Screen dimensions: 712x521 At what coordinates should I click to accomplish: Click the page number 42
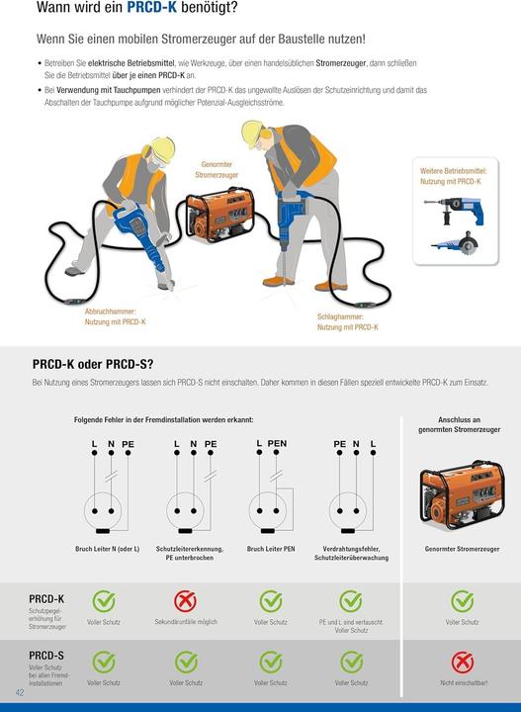[x=19, y=691]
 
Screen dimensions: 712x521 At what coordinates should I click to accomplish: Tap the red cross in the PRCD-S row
[x=463, y=662]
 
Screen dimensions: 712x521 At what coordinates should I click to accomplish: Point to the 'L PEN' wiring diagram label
[x=271, y=444]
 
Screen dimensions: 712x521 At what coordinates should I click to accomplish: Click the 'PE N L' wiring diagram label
[x=355, y=444]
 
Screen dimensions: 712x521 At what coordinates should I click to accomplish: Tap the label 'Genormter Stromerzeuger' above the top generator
[x=217, y=169]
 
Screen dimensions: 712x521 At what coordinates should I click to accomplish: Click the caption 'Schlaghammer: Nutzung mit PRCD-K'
[x=347, y=321]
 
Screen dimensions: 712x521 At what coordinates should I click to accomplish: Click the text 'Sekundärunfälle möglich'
[x=186, y=622]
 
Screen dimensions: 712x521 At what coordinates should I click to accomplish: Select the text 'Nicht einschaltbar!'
[x=463, y=682]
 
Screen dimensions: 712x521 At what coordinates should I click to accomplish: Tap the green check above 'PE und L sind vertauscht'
[x=351, y=601]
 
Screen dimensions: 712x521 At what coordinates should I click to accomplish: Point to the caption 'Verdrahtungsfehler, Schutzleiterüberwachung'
[x=351, y=553]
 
